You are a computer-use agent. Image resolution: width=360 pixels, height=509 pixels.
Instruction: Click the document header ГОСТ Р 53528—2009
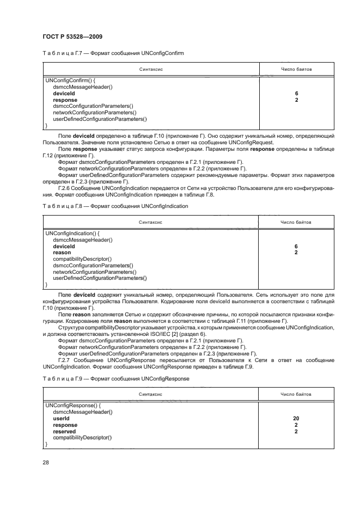72,36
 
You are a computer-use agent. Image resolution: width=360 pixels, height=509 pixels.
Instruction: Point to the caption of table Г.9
116,378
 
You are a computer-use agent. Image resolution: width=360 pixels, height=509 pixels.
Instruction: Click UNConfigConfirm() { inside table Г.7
71,81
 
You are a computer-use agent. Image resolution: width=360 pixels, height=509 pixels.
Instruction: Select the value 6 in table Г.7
296,94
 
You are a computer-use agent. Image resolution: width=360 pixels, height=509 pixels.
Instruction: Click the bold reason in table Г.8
62,253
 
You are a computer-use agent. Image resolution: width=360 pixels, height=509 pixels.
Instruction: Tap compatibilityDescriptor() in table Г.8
82,259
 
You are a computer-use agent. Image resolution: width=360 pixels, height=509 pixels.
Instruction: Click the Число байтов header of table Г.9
296,394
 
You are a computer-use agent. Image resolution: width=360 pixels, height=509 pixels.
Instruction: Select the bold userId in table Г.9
61,418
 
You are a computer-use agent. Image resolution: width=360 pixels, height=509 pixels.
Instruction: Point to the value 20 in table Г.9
296,418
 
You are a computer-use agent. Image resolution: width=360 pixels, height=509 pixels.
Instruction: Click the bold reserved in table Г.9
64,431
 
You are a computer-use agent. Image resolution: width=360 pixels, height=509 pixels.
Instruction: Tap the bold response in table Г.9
65,425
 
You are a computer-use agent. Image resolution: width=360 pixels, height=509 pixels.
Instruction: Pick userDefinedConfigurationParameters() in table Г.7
100,119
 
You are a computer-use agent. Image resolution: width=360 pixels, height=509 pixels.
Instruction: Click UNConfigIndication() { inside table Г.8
72,234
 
